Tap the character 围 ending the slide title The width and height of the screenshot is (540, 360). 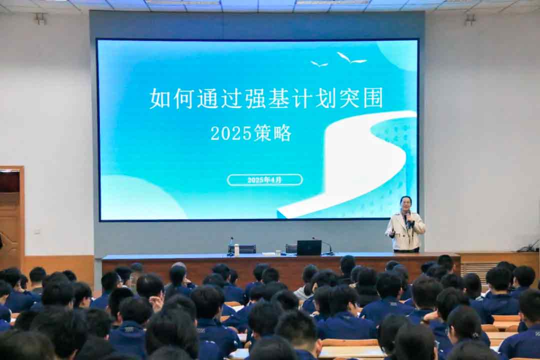point(372,98)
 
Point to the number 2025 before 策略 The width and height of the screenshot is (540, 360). point(231,133)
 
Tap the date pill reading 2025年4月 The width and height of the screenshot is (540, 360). point(265,180)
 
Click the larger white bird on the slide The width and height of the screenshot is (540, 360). point(351,58)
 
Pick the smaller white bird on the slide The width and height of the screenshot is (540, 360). point(319,64)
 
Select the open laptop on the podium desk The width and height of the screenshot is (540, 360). point(309,247)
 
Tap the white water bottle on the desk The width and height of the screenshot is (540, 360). point(236,249)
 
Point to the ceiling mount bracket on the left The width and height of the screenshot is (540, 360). point(41,18)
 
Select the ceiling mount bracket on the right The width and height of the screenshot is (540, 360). point(469,19)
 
